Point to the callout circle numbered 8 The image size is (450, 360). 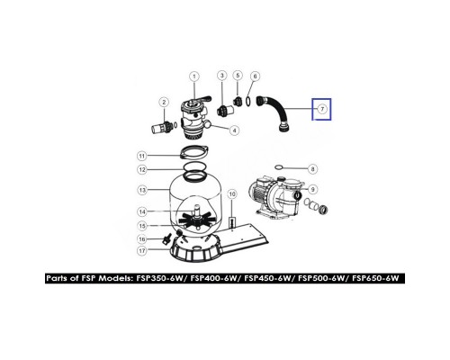[313, 168]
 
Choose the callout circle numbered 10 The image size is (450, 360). [232, 193]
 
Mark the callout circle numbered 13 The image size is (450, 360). [141, 191]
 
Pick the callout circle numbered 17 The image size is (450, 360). [141, 251]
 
